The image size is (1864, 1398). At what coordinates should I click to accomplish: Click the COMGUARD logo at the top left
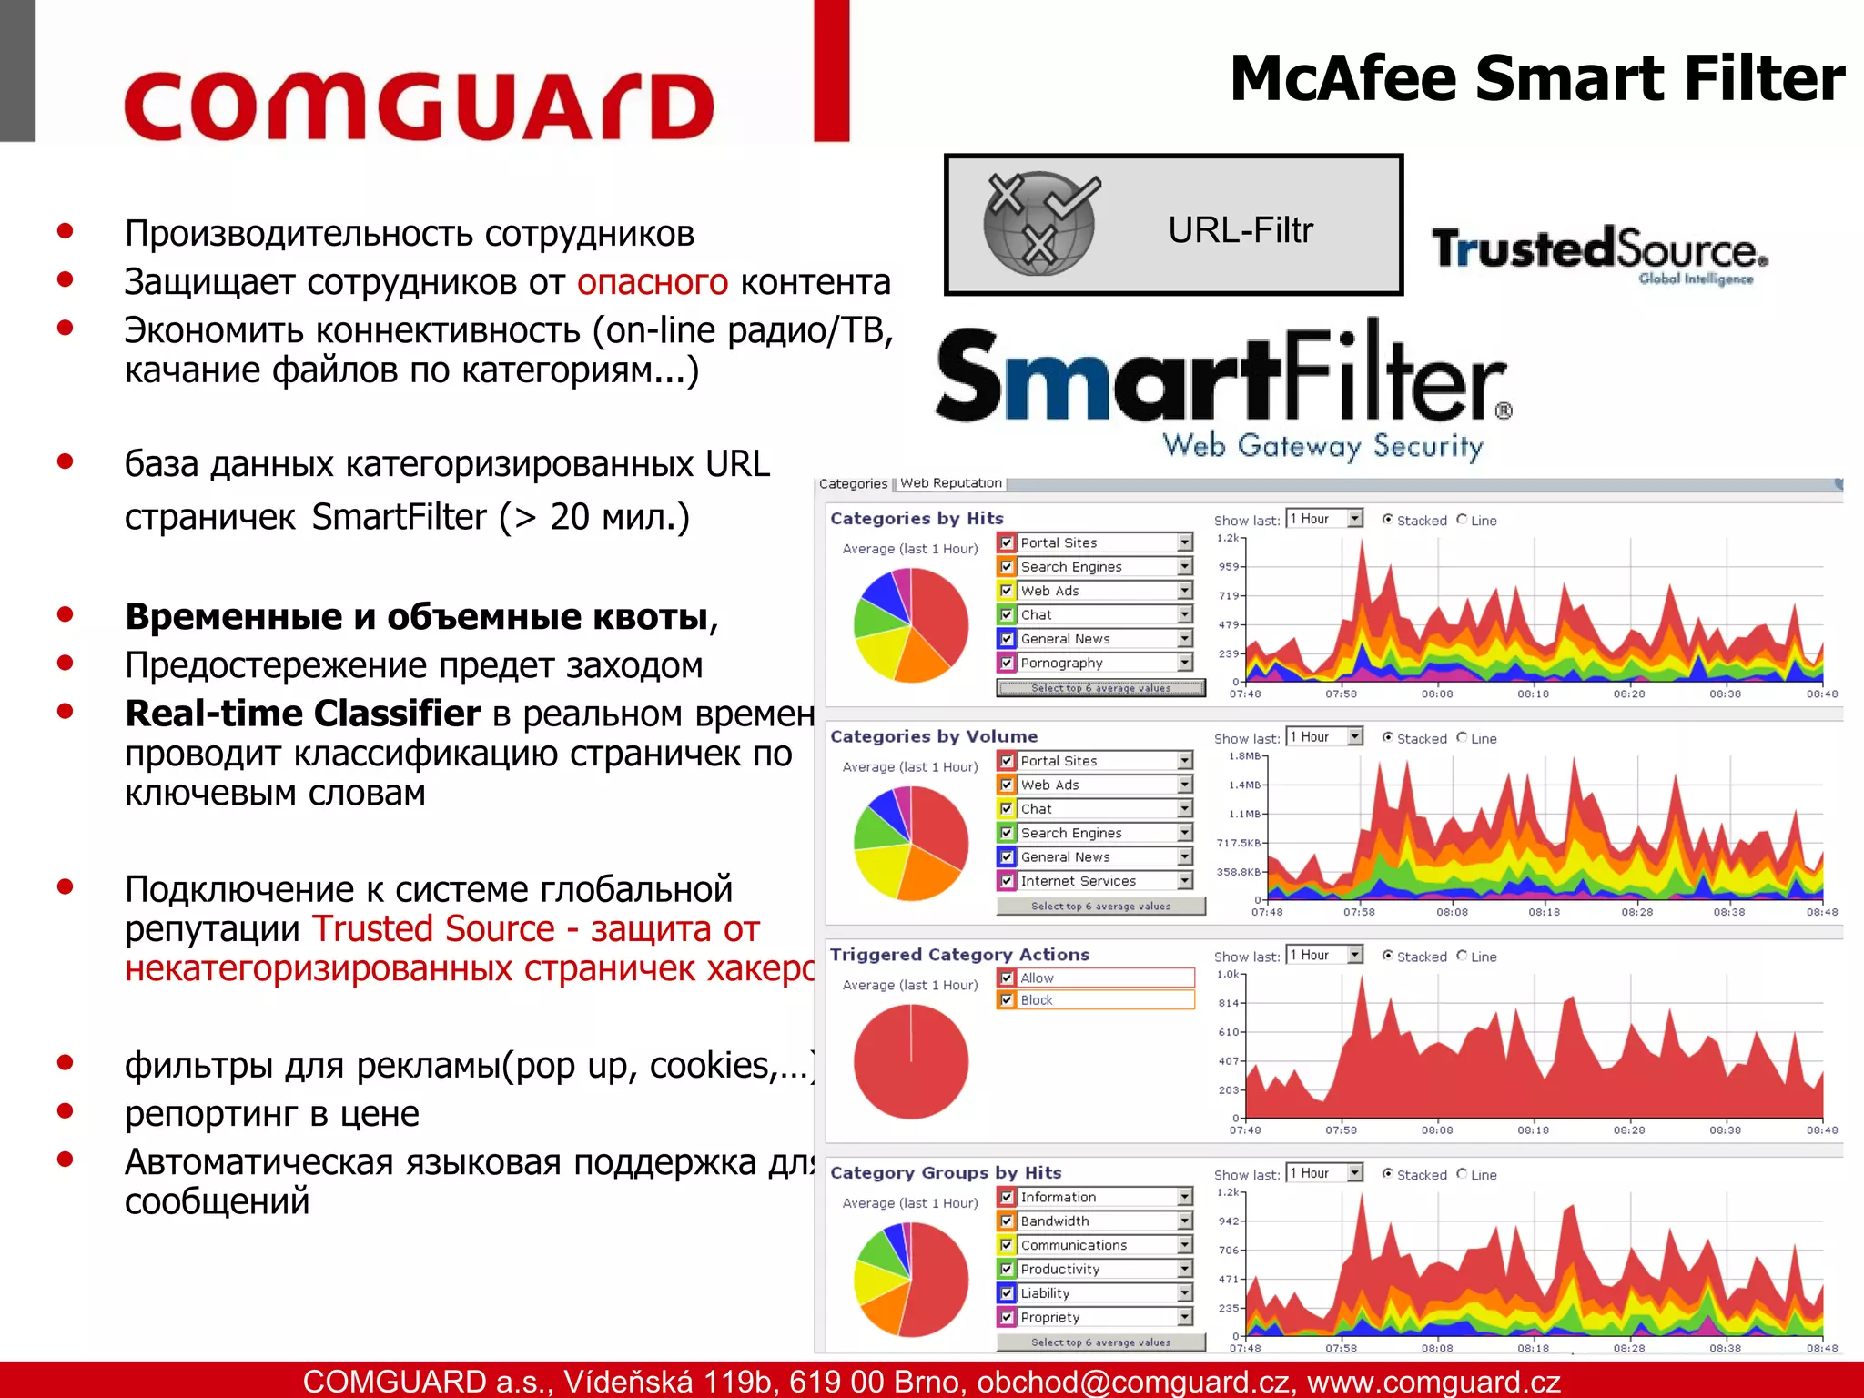click(419, 106)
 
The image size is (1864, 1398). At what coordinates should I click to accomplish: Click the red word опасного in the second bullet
click(652, 282)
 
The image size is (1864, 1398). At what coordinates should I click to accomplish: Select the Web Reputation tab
click(950, 483)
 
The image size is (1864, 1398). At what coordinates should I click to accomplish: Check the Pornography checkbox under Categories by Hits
click(1007, 663)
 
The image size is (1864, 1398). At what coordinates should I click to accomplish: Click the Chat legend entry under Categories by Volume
click(1036, 808)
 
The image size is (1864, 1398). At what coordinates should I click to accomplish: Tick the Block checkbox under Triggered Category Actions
click(1007, 1000)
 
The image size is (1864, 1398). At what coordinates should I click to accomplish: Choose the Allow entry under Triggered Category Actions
click(1037, 978)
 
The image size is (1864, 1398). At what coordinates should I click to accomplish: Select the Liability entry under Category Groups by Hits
click(1045, 1293)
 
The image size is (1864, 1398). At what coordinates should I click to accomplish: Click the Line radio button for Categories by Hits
click(1462, 520)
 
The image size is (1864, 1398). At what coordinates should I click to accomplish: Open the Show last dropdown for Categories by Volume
click(1355, 737)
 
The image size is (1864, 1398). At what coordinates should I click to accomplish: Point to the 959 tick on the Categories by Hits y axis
click(1229, 566)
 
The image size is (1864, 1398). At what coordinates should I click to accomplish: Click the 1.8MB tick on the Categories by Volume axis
click(1243, 756)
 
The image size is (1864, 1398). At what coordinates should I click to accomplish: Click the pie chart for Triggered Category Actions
click(911, 1061)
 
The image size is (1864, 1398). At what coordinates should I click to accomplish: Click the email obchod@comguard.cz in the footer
click(1133, 1382)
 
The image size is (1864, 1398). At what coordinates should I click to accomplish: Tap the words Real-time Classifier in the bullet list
click(302, 714)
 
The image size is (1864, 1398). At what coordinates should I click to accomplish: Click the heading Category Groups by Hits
click(946, 1172)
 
